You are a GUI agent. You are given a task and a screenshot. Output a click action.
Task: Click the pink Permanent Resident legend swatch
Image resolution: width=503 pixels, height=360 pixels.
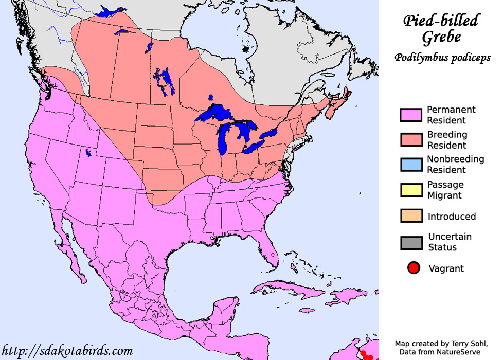(410, 115)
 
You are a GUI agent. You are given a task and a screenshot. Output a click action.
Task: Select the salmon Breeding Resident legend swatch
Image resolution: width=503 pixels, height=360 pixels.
(410, 140)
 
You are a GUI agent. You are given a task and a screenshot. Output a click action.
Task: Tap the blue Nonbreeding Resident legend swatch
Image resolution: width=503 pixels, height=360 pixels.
(410, 165)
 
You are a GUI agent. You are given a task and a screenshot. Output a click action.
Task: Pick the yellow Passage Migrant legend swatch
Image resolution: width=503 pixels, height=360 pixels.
(410, 190)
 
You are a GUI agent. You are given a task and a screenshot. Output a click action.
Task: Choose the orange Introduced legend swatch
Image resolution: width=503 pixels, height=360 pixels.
(410, 216)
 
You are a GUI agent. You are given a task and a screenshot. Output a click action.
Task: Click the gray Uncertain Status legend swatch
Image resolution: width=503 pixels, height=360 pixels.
(410, 242)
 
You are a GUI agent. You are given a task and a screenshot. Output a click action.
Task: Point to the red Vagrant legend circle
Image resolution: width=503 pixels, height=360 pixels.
(414, 268)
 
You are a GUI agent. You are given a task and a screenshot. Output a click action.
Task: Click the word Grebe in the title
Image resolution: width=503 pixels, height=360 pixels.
(441, 38)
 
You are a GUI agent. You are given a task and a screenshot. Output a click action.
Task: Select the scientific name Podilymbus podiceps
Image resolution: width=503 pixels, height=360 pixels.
(443, 58)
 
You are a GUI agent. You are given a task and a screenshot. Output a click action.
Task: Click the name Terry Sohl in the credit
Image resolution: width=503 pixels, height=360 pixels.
(461, 343)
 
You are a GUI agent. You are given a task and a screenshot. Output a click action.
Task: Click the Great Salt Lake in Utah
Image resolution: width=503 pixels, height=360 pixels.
(88, 153)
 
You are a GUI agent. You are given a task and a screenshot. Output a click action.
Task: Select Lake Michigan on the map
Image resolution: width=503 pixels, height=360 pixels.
(223, 140)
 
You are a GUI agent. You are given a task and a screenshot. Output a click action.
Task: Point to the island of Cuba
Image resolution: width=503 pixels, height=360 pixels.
(298, 288)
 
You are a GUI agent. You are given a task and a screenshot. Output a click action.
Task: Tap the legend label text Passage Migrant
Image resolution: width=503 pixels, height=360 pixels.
(445, 190)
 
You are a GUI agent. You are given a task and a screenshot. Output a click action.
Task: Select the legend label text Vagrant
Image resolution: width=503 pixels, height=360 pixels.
(445, 268)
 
